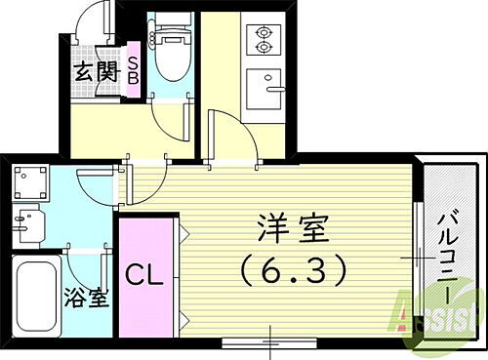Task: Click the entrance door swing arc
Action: tap(98, 20)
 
